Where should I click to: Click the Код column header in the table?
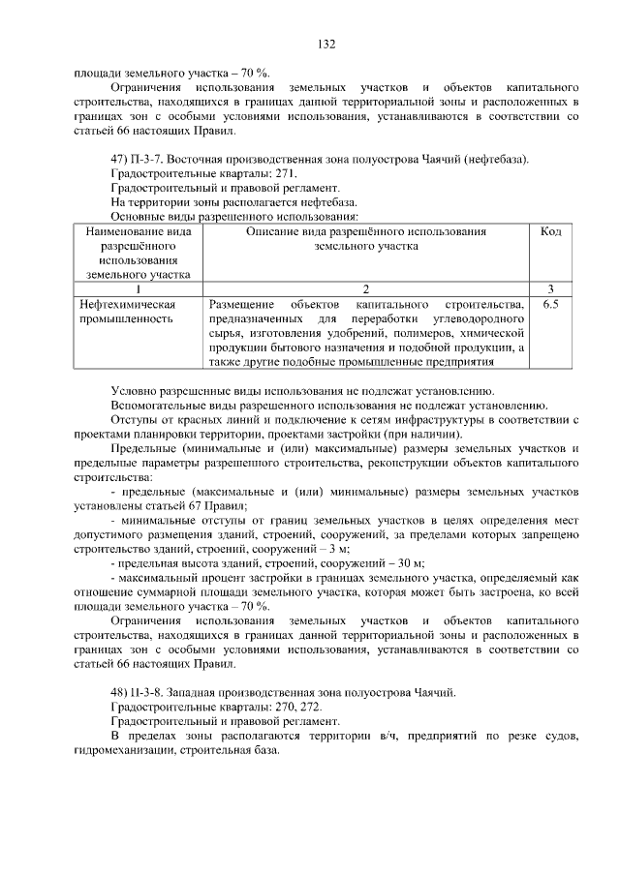tap(550, 232)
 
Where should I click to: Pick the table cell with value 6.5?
tap(550, 305)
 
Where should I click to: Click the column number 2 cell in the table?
tap(366, 288)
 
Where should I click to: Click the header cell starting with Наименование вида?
tap(138, 232)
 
